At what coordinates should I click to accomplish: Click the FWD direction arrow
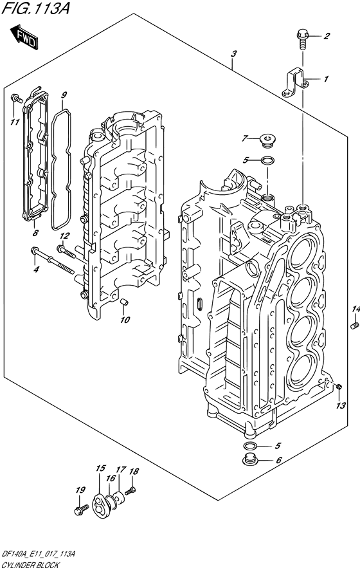pos(24,37)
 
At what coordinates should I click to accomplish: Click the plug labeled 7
pos(268,141)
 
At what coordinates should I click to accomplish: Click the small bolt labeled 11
pos(17,98)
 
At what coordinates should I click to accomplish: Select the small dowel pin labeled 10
pos(123,302)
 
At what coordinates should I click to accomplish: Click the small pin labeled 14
pos(353,325)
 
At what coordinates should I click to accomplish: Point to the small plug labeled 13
pos(339,387)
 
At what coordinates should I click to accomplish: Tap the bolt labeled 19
pos(81,509)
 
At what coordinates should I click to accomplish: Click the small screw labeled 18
pos(130,491)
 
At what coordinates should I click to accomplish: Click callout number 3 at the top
pos(233,53)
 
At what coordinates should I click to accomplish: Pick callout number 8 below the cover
pos(35,232)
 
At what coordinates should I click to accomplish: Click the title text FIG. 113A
pos(36,8)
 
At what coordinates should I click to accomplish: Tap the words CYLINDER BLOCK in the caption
pos(30,566)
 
